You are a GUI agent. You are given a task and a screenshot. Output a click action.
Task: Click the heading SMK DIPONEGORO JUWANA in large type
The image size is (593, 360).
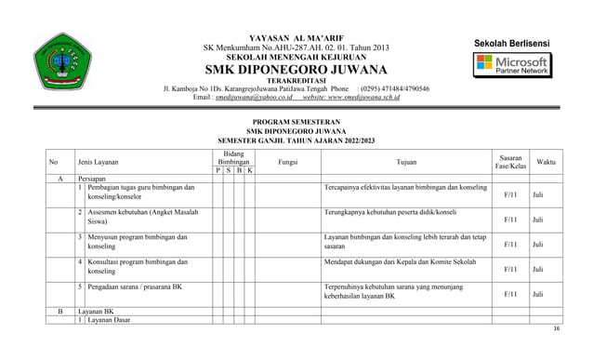tap(297, 70)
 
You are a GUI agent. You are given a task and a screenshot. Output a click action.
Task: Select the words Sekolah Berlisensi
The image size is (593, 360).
tap(512, 44)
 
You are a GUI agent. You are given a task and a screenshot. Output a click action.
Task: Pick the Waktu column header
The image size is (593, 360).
tap(547, 162)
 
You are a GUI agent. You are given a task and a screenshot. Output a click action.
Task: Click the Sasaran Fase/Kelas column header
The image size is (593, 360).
tap(510, 162)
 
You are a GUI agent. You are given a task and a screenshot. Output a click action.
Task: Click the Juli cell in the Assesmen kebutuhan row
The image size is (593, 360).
tap(537, 220)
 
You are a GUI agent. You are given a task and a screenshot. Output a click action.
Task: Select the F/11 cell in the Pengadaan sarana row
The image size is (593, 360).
tap(510, 294)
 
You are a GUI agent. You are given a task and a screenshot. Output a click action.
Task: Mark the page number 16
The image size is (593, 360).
tap(557, 329)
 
